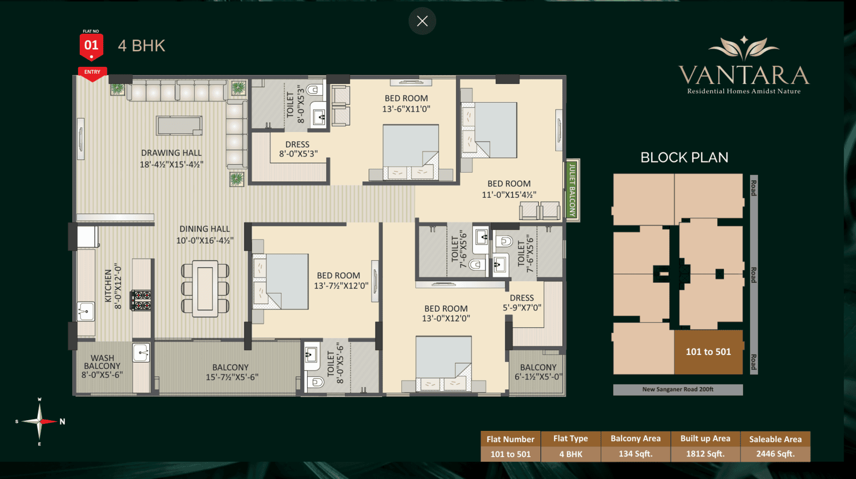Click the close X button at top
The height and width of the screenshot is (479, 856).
[422, 21]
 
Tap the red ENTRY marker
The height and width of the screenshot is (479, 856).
[93, 73]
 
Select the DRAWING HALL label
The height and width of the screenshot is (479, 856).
[171, 153]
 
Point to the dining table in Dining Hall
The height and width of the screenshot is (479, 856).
[205, 288]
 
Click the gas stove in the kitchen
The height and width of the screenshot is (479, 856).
[141, 300]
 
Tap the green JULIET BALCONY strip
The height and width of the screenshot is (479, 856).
[572, 190]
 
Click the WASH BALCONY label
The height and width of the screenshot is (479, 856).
[102, 362]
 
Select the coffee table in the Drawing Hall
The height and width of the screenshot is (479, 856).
[179, 126]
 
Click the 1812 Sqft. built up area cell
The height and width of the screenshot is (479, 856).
[706, 454]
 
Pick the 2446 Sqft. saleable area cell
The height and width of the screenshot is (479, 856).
[775, 454]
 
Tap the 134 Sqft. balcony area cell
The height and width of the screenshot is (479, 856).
[636, 454]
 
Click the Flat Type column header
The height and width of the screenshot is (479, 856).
[570, 438]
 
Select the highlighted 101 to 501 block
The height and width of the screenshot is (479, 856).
[708, 352]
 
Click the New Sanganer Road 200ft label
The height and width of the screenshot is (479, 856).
[678, 389]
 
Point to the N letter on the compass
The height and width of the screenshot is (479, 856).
[62, 421]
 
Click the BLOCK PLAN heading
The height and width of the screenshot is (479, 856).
[684, 157]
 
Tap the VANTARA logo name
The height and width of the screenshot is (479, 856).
[744, 75]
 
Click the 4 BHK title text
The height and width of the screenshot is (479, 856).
[141, 46]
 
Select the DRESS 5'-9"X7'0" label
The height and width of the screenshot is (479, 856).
[522, 303]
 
